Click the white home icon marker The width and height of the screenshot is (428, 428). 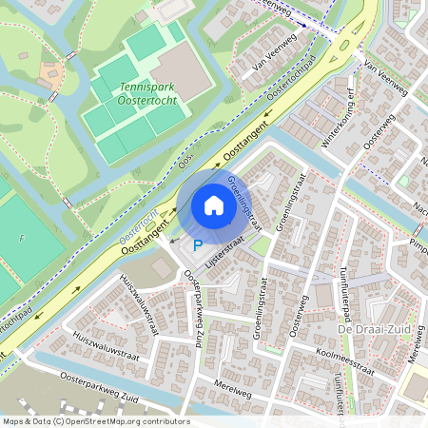(x=214, y=205)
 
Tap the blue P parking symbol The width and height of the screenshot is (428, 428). (x=198, y=245)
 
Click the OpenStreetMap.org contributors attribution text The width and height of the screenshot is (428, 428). (x=124, y=421)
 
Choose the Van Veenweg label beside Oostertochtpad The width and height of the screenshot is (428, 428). (x=269, y=62)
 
